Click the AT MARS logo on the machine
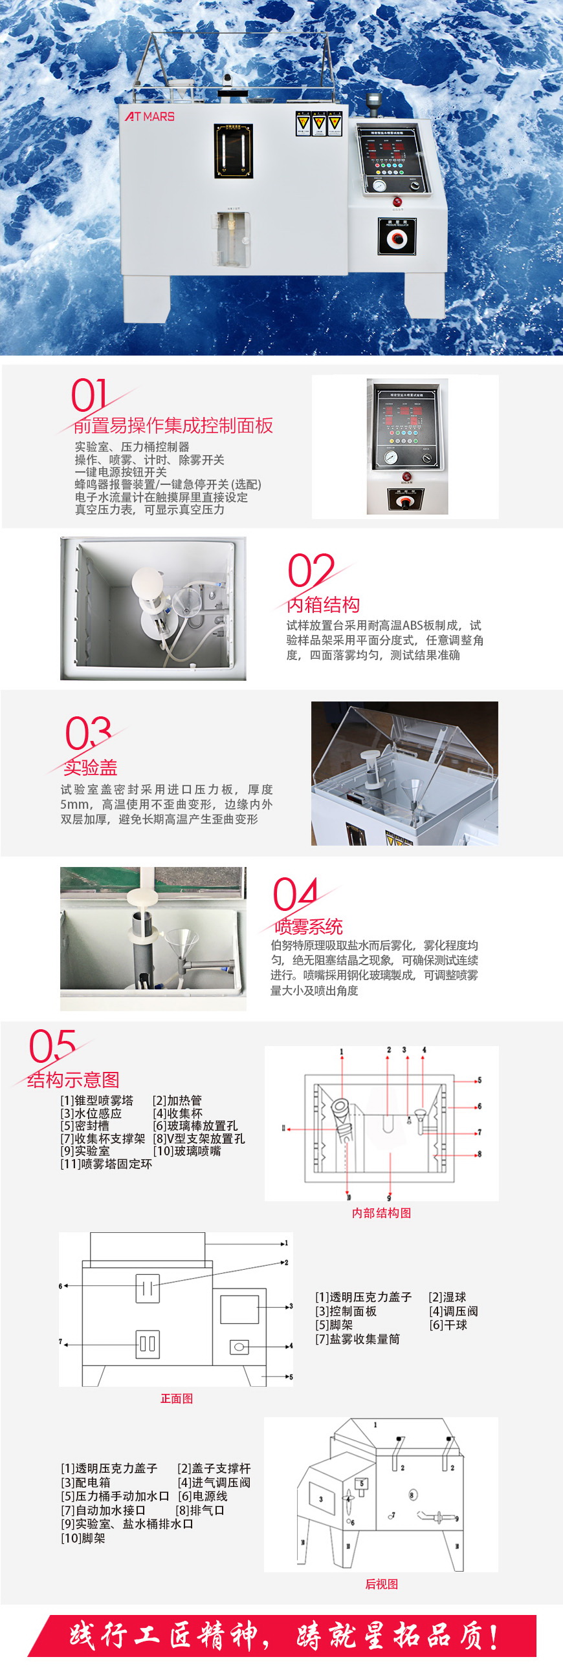(149, 116)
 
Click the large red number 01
(89, 396)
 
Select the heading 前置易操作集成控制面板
(173, 425)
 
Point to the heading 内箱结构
(323, 604)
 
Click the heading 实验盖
(90, 767)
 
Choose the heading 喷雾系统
(309, 926)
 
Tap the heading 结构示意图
(73, 1080)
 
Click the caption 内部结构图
(381, 1213)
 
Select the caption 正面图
(176, 1398)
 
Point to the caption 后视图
(381, 1583)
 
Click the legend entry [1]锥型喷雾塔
(96, 1100)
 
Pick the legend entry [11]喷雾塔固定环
(106, 1164)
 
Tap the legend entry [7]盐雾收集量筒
(357, 1338)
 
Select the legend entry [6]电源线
(202, 1496)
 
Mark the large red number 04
(296, 895)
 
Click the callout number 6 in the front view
(60, 1285)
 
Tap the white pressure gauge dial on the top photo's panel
(379, 185)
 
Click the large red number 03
(88, 732)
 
